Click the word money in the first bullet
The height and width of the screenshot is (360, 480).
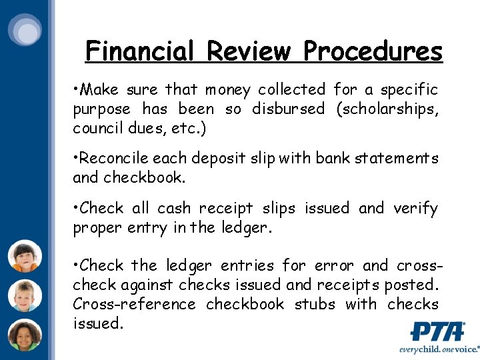228,89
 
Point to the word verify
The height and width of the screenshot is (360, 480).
416,209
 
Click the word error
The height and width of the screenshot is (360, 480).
334,266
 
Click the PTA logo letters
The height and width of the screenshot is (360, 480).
437,331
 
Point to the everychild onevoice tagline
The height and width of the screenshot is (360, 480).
438,349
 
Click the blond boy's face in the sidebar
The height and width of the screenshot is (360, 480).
25,295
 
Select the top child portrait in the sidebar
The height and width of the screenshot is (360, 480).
25,255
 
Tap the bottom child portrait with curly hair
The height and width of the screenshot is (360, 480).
25,335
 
